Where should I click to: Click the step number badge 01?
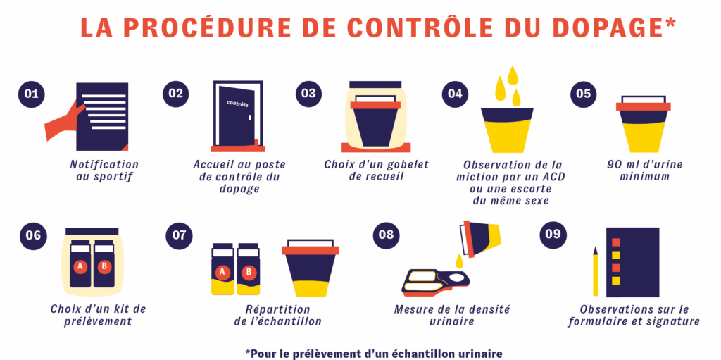tap(31, 94)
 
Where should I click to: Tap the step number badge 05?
tap(583, 94)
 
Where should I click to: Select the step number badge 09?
tap(553, 234)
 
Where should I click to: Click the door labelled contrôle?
tap(237, 116)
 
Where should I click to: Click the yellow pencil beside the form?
tap(596, 271)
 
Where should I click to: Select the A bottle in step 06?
tap(80, 263)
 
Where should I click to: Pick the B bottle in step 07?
tap(249, 269)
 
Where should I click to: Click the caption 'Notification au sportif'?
tap(104, 170)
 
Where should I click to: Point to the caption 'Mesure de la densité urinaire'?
tap(451, 316)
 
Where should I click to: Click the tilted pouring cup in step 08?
tap(480, 238)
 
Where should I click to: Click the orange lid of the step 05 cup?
tap(643, 106)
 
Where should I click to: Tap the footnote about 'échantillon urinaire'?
tap(374, 353)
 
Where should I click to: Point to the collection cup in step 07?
tap(310, 268)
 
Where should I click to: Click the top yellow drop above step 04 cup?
tap(513, 74)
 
